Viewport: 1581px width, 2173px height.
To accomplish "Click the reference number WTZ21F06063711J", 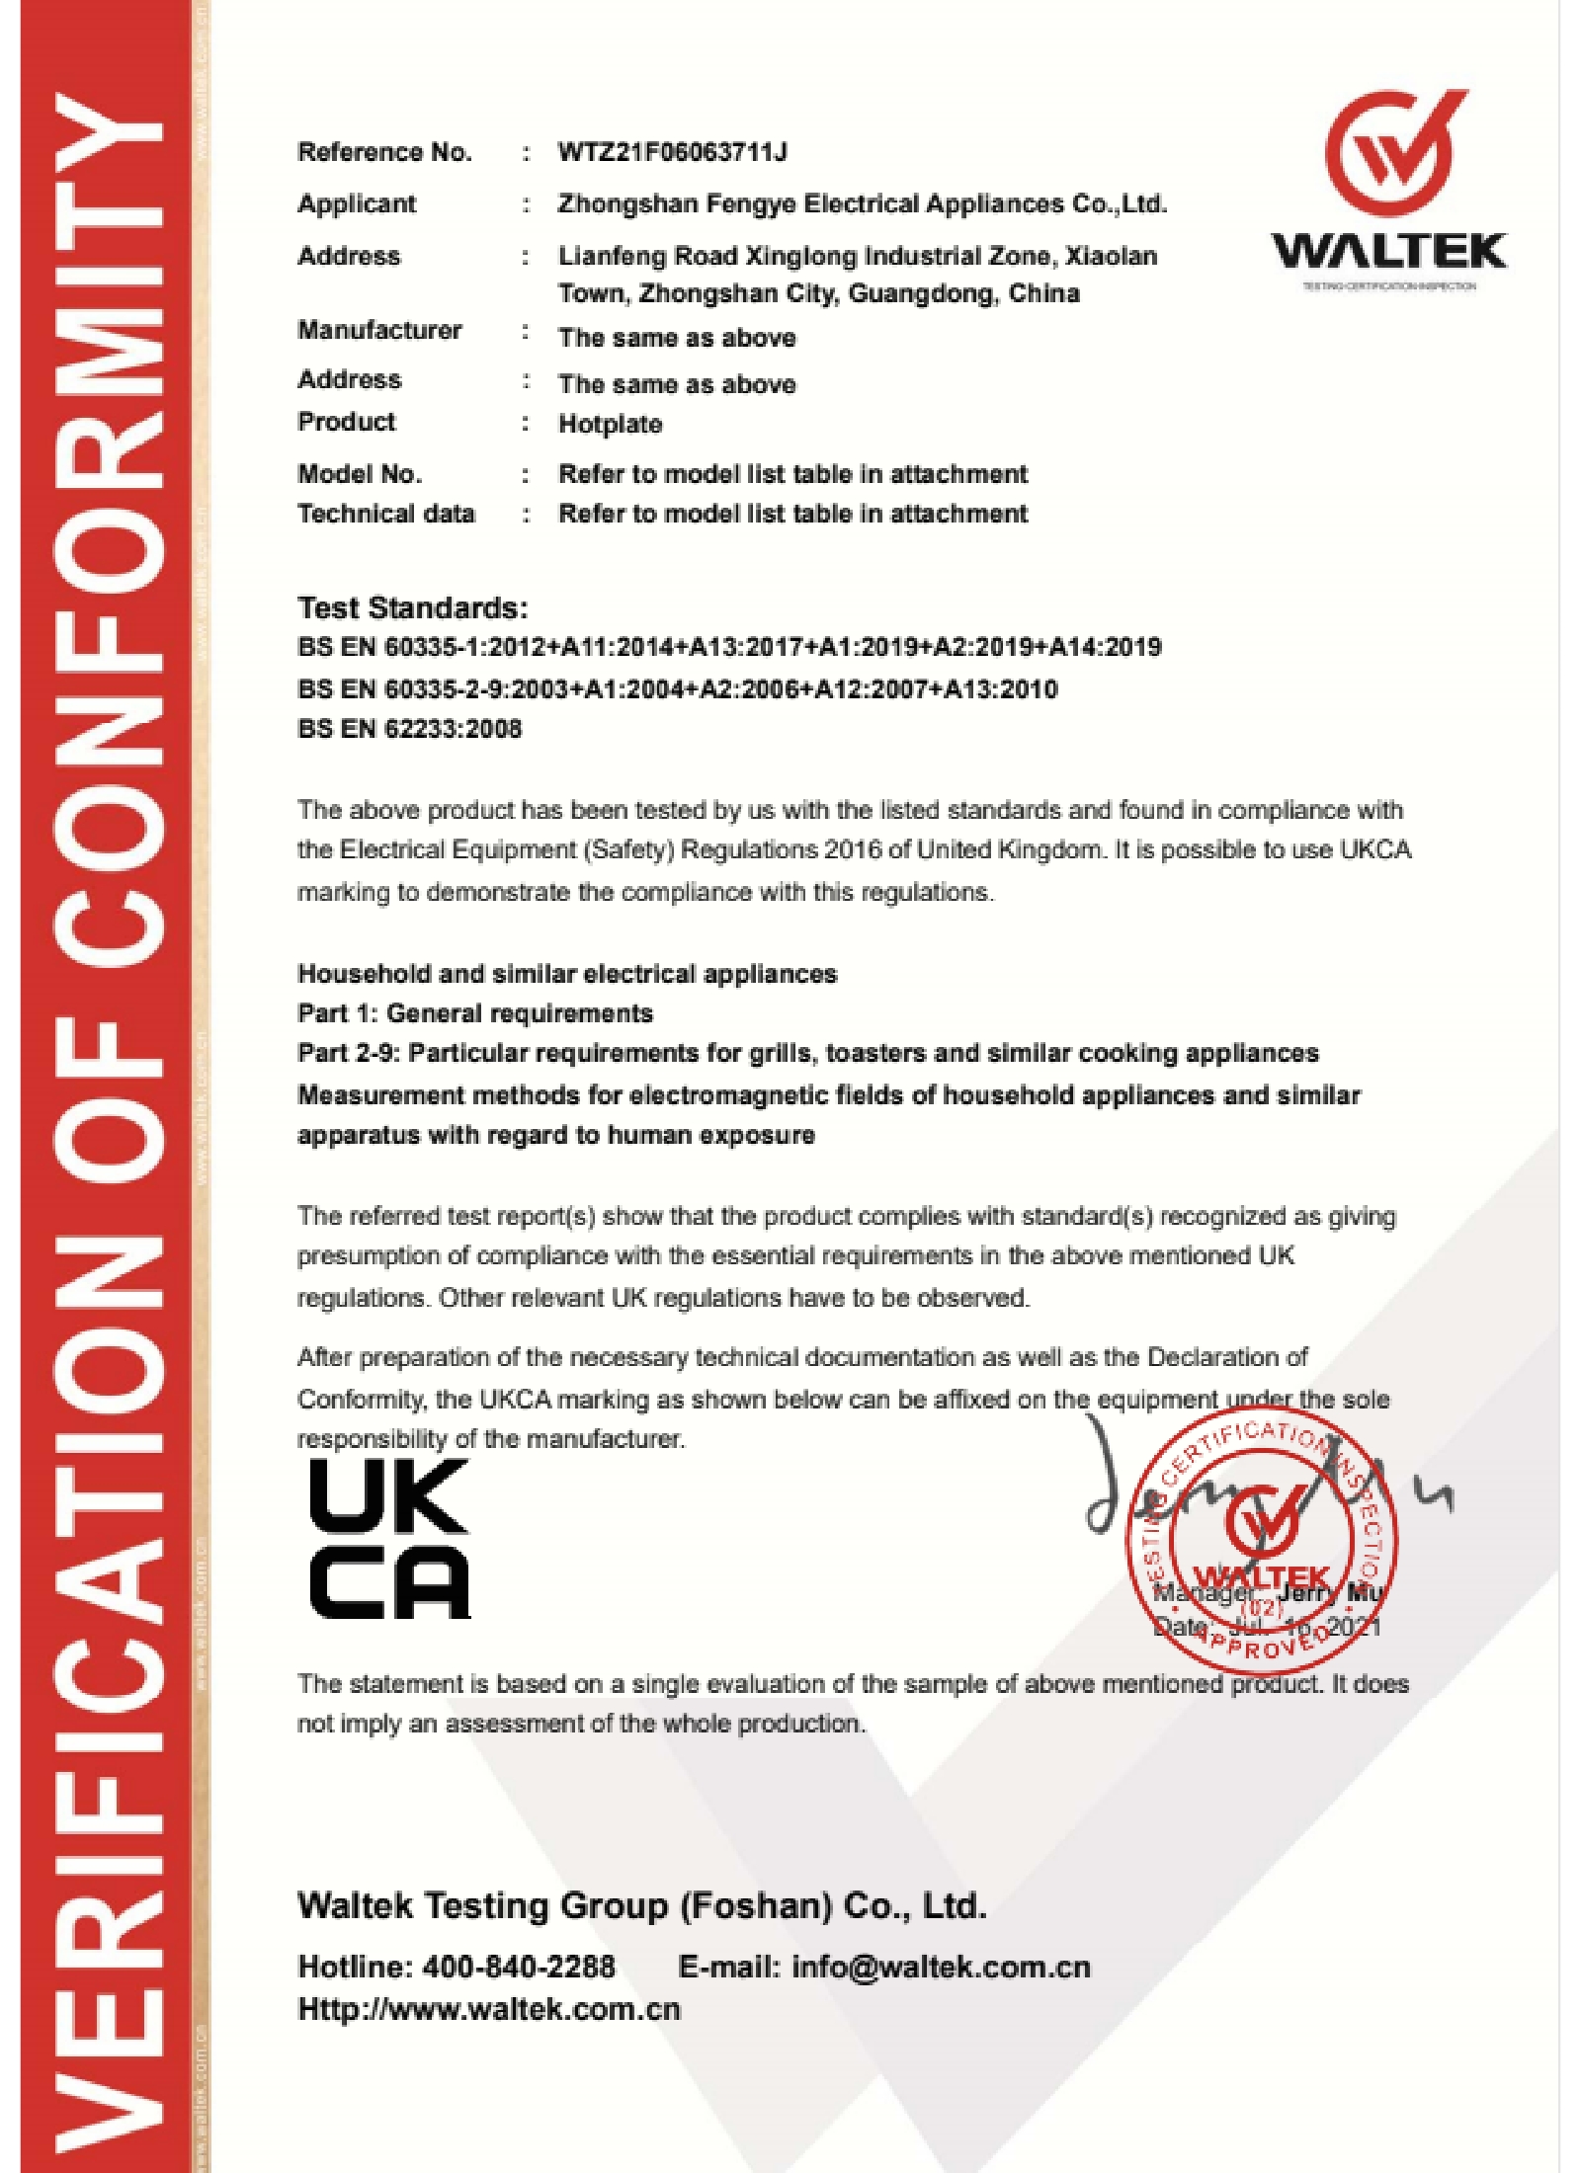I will pos(672,152).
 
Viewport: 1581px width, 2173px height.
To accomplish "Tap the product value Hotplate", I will pos(610,425).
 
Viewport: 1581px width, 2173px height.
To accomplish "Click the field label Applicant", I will pos(357,204).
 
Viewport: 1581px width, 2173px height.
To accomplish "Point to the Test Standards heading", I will pos(413,607).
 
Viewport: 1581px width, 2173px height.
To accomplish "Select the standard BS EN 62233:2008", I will pos(409,729).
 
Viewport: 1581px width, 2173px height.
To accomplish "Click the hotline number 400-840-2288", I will pos(519,1967).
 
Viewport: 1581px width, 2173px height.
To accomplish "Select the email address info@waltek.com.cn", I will pos(941,1967).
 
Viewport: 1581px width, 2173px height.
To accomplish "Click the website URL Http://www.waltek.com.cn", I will pos(489,2009).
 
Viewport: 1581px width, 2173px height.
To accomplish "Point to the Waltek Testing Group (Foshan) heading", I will pos(642,1904).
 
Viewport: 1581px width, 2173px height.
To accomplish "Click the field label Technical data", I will pos(385,514).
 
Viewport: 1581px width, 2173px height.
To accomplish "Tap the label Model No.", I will pos(360,474).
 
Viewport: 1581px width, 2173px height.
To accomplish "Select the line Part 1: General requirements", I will pos(474,1013).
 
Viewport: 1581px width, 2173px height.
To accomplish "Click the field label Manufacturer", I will pos(379,330).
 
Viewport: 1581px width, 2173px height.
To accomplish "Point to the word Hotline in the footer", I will pos(354,1967).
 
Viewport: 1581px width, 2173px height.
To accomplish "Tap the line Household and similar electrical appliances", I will pos(567,974).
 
